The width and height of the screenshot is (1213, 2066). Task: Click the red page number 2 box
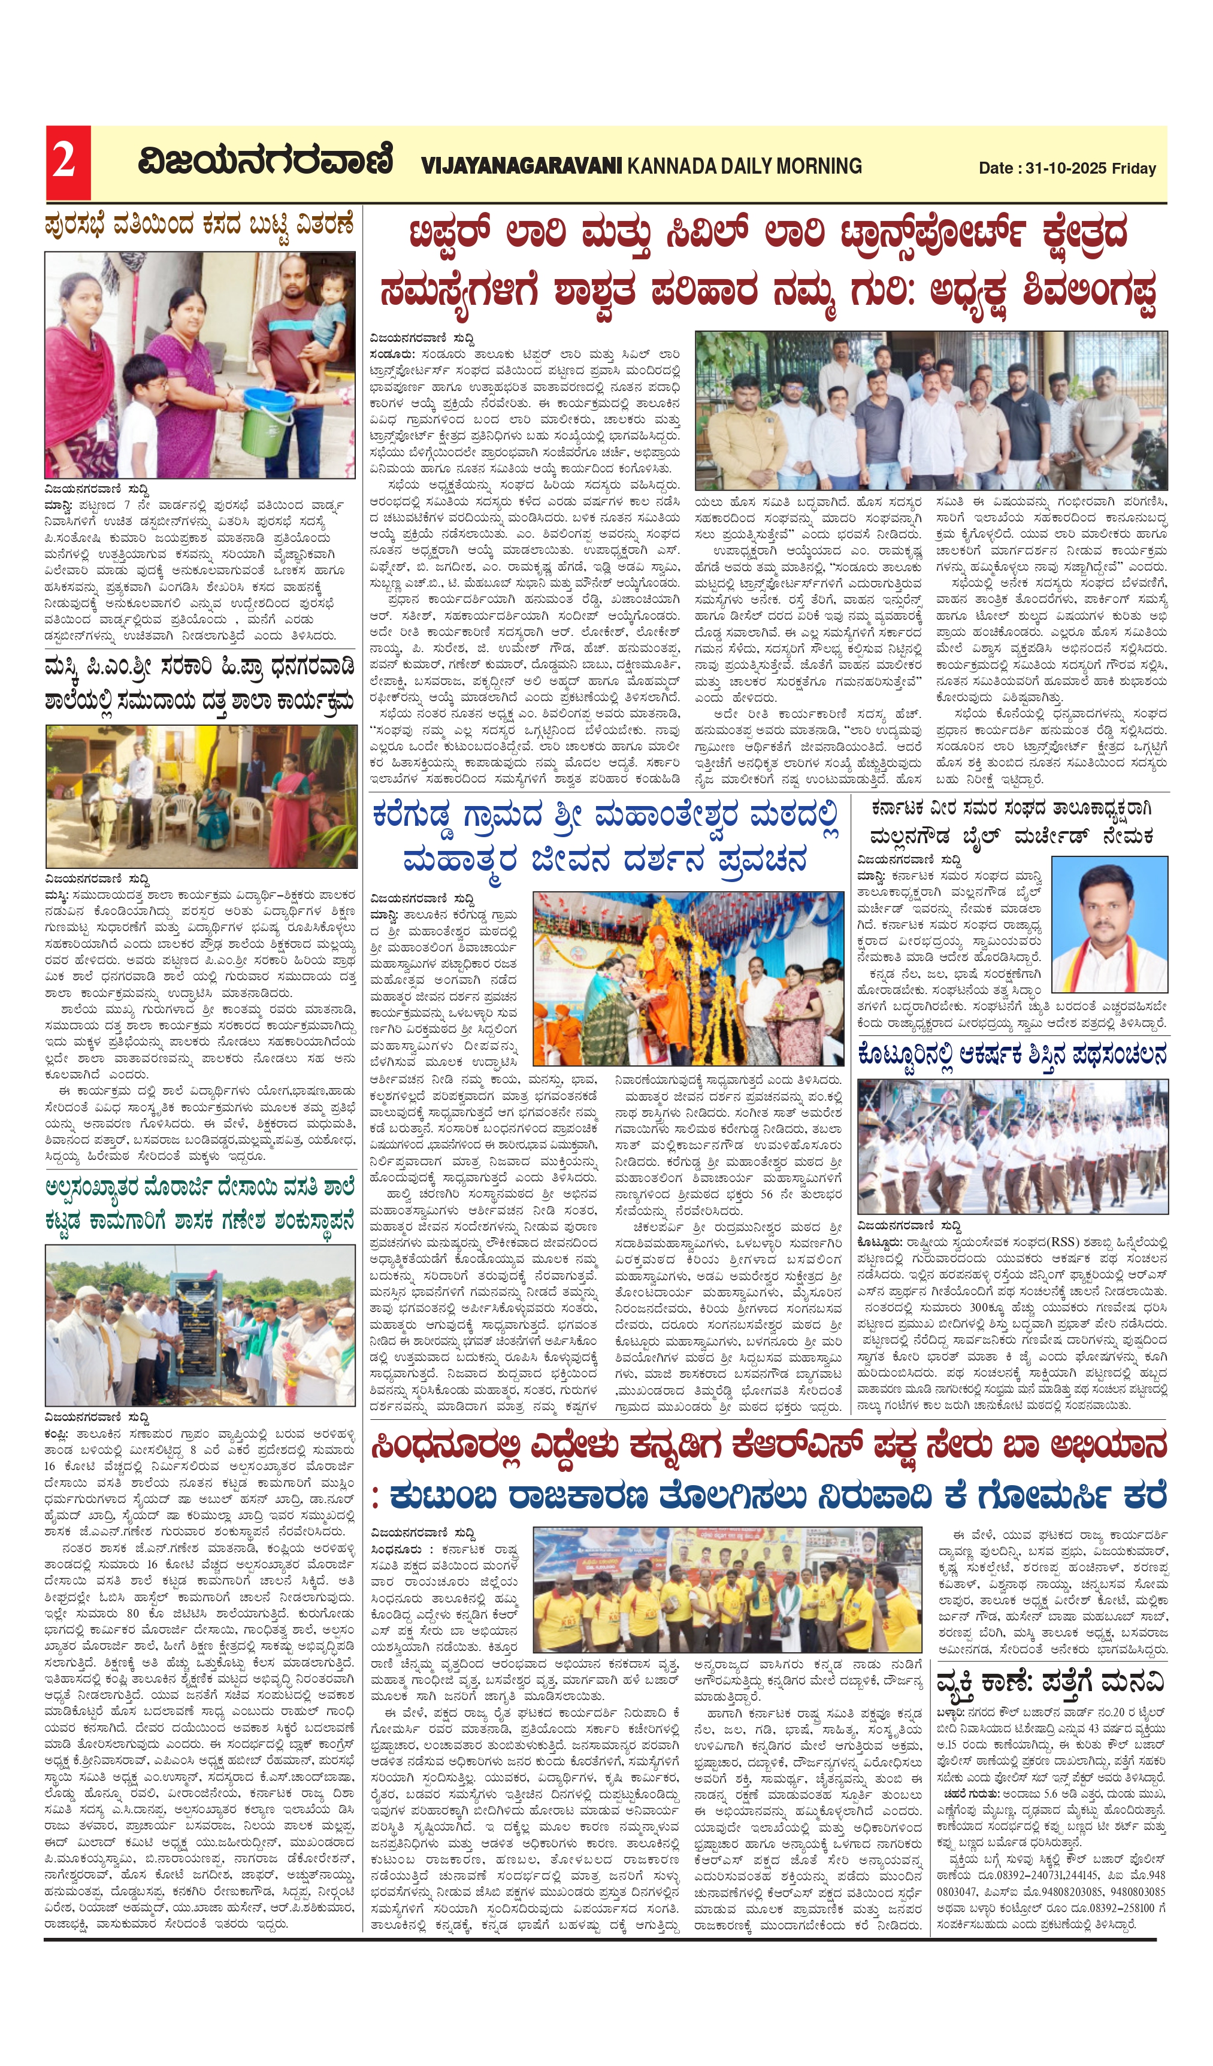tap(67, 162)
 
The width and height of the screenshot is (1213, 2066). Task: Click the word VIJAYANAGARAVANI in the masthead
tap(522, 166)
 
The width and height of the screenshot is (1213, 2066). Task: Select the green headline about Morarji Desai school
tap(200, 1204)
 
